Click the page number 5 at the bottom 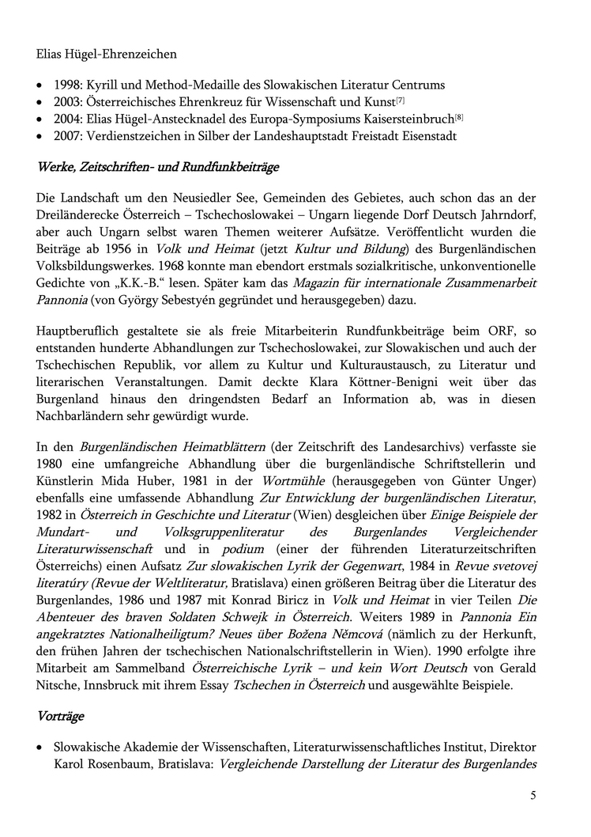533,795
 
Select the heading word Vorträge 61,716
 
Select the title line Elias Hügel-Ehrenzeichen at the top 107,55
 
